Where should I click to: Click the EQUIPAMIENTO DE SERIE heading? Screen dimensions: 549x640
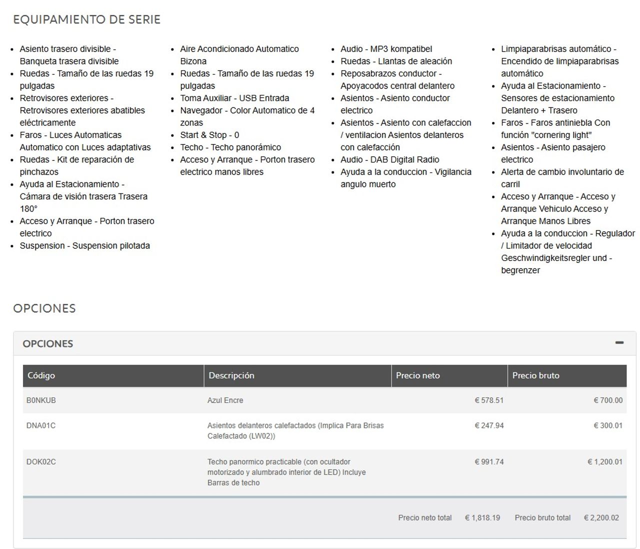pos(86,19)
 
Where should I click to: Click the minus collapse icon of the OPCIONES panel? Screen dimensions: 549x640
pos(619,343)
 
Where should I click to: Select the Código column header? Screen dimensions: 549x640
pos(41,375)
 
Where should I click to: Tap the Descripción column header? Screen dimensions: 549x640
pos(231,375)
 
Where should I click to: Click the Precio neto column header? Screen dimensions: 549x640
pos(417,375)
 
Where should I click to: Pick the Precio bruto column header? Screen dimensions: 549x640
pos(535,375)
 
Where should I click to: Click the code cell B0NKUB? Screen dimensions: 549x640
pos(41,400)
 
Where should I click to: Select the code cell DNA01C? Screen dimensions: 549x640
pos(41,426)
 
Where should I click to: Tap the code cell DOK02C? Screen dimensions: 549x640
pos(41,462)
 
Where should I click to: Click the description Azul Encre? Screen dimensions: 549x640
pos(225,400)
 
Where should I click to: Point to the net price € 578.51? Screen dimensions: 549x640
pos(489,400)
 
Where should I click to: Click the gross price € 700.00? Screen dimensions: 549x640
pos(608,400)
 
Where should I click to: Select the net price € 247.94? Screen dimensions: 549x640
pos(489,426)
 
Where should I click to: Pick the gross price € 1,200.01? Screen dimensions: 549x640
pos(605,462)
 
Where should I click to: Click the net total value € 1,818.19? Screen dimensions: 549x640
pos(482,518)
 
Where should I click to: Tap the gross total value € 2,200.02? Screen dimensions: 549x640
pos(601,518)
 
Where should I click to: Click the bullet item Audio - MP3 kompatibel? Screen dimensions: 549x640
pos(386,49)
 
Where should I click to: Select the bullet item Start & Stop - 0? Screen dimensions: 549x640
pos(209,135)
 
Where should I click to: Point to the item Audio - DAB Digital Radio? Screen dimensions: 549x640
pos(389,159)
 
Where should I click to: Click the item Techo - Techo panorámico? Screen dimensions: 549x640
pos(230,147)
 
